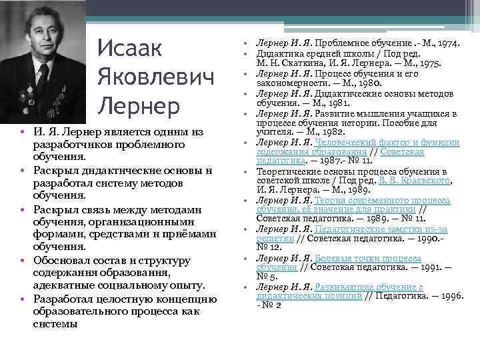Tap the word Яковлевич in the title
pyautogui.click(x=156, y=77)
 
